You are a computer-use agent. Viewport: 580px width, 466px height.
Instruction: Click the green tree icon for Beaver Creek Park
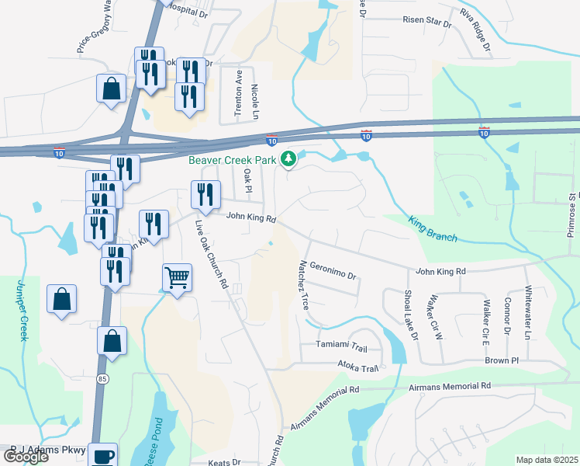[x=289, y=159]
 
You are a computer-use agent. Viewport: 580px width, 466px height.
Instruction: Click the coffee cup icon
[x=102, y=455]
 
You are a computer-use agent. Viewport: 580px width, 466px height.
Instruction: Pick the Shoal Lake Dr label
[x=410, y=315]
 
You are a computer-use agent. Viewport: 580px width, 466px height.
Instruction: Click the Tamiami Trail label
[x=340, y=344]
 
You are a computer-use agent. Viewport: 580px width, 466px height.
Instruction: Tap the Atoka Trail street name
[x=357, y=368]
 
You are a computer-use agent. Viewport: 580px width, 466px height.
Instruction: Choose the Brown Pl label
[x=502, y=361]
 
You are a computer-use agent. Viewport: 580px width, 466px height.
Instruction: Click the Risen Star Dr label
[x=426, y=24]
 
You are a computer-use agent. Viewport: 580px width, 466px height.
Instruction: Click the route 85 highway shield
[x=102, y=379]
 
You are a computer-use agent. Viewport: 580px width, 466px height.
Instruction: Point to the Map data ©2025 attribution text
[x=547, y=460]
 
